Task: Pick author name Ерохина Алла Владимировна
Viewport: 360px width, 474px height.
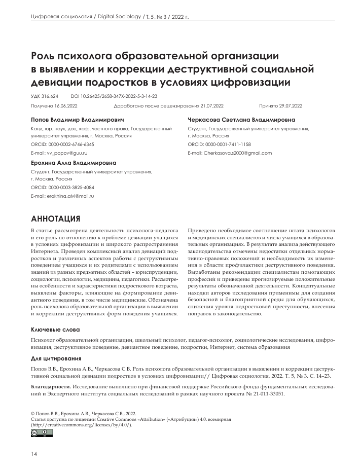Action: click(x=74, y=163)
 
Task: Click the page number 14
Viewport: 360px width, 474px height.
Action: click(x=34, y=454)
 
